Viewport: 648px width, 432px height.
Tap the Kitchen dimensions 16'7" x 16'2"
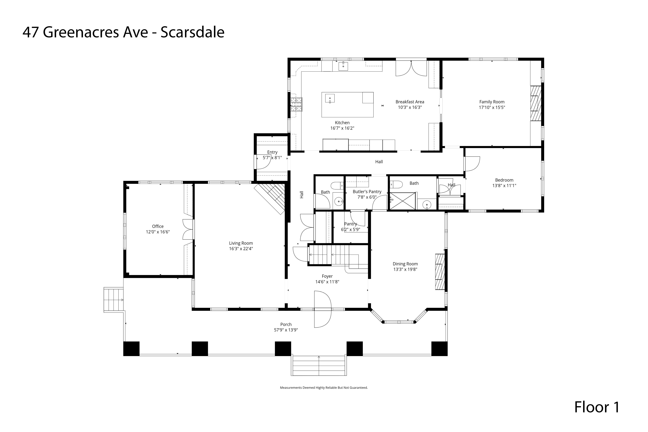[x=342, y=128]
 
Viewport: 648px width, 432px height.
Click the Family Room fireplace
[x=536, y=103]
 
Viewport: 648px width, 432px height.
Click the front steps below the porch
[x=319, y=366]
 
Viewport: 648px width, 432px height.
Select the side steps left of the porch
[x=114, y=300]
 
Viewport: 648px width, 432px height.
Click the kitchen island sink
[x=330, y=98]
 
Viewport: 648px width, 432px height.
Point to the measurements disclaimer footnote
[x=324, y=388]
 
